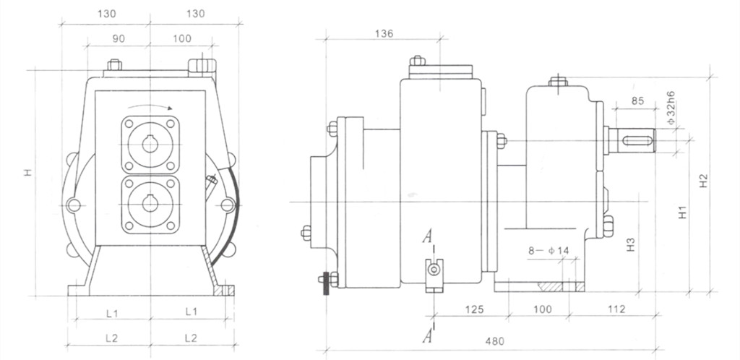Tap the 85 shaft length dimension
[x=637, y=101]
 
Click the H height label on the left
[x=27, y=173]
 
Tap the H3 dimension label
[x=631, y=244]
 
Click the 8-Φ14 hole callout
[x=548, y=251]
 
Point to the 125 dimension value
[x=473, y=309]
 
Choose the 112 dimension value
[x=616, y=309]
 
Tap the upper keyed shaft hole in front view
[x=150, y=144]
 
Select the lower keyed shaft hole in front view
[x=150, y=204]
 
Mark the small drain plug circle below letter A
[x=434, y=270]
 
